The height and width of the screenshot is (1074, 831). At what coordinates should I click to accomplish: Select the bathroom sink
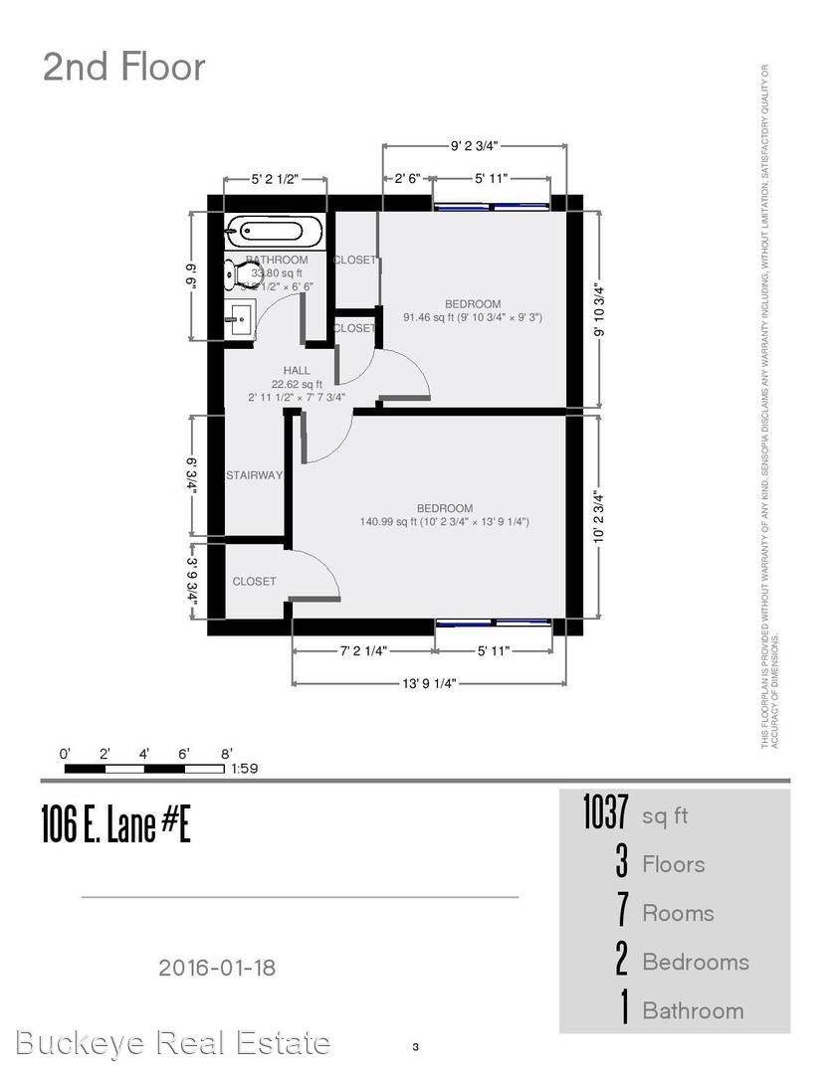coord(240,319)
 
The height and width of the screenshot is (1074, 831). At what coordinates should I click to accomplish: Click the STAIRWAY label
coord(254,475)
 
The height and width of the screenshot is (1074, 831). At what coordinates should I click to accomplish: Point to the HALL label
coord(297,371)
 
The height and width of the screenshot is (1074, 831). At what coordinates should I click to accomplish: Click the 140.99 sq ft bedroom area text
coord(444,521)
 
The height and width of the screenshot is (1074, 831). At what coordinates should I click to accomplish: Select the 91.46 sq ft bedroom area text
coord(472,318)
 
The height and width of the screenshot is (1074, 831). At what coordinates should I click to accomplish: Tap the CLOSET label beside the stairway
coord(254,581)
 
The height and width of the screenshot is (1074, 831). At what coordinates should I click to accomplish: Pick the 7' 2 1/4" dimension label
coord(362,651)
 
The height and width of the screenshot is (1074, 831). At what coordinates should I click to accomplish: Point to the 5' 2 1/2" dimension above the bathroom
coord(275,180)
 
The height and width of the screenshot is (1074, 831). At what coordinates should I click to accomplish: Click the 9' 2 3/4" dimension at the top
coord(474,145)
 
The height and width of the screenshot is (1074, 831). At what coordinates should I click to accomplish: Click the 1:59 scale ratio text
coord(244,769)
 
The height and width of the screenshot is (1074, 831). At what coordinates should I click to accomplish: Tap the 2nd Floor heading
coord(124,67)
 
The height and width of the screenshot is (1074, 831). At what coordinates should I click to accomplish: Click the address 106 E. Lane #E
coord(115,824)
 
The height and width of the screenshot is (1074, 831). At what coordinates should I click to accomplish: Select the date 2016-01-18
coord(216,967)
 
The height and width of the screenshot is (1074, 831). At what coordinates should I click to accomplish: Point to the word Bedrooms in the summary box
coord(695,962)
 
